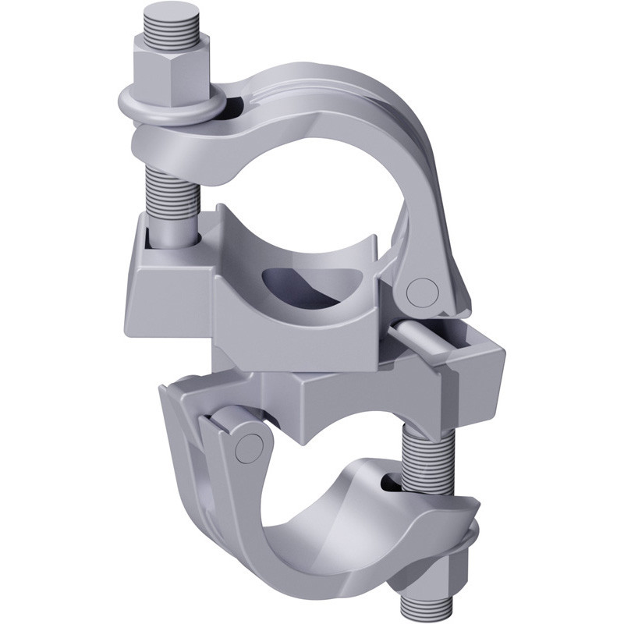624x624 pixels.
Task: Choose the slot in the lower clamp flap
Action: pos(390,484)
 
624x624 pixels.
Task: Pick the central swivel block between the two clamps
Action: pos(328,390)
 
